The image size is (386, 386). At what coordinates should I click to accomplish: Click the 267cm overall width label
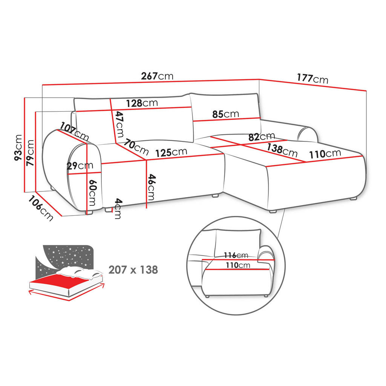click(x=157, y=76)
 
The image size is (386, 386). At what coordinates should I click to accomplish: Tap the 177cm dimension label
click(x=312, y=78)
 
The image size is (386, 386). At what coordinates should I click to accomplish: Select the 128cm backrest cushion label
click(x=142, y=103)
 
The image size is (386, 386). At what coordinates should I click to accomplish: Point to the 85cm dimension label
click(x=225, y=114)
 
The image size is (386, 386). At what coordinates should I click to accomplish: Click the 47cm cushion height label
click(x=119, y=125)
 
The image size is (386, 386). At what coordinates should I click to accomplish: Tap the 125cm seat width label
click(x=171, y=152)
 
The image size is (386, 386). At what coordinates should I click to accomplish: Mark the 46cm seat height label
click(x=151, y=187)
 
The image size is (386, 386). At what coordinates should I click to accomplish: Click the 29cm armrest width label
click(x=80, y=166)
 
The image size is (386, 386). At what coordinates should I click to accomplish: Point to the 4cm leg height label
click(x=118, y=208)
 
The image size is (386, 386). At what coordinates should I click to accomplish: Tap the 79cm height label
click(x=30, y=153)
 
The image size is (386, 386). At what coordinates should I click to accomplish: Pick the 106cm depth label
click(x=40, y=210)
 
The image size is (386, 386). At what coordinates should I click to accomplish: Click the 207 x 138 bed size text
click(x=133, y=270)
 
